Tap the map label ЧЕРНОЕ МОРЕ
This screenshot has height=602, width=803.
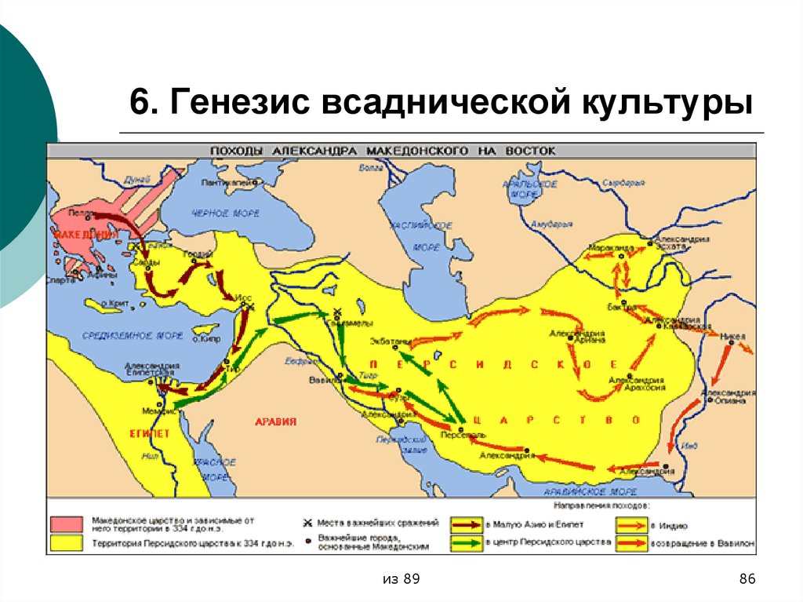tap(223, 213)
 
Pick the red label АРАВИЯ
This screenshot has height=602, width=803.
tap(276, 421)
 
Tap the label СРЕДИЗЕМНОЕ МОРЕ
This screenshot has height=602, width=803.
tap(122, 335)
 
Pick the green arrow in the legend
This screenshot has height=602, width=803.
tap(467, 543)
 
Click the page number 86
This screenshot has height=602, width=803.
tap(747, 579)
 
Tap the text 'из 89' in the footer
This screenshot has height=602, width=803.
tap(401, 579)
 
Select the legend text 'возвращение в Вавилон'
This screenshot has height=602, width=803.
tap(703, 542)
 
